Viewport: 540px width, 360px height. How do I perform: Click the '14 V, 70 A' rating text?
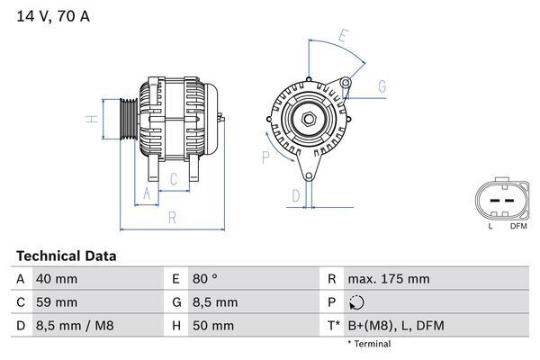click(53, 15)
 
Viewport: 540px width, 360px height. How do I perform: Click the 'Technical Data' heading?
click(66, 256)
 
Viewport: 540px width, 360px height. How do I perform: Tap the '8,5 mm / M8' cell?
click(73, 326)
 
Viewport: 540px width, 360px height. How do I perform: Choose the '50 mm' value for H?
click(212, 326)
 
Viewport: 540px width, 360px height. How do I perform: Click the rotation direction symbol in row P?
click(358, 302)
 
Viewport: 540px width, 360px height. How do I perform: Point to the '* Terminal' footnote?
click(369, 344)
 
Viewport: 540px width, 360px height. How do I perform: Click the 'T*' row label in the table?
click(334, 326)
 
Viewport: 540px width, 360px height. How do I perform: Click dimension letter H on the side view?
click(91, 119)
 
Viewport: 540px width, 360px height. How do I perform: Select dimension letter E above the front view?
click(343, 37)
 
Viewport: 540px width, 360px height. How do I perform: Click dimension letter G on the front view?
click(382, 86)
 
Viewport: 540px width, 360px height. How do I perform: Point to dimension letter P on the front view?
click(265, 157)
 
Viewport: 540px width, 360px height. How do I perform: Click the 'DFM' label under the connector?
click(518, 226)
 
